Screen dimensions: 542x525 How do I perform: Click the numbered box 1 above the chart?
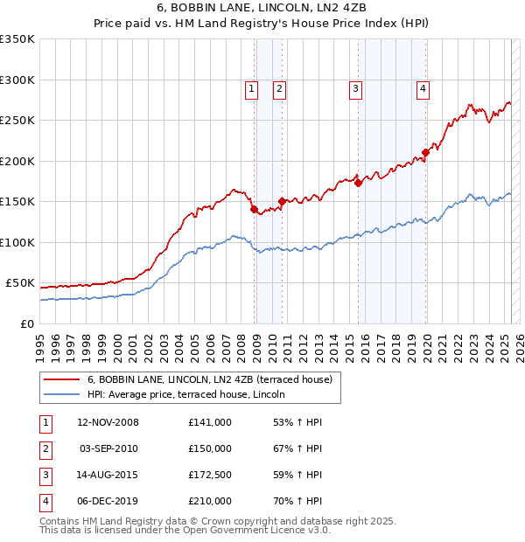tap(251, 87)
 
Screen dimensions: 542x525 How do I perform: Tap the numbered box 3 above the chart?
tap(356, 87)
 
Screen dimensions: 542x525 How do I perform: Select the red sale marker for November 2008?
tap(254, 210)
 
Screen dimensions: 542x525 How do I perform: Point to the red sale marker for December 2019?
tap(425, 152)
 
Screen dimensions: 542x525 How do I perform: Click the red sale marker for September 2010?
tap(282, 201)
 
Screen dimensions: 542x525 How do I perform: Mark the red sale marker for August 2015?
tap(359, 183)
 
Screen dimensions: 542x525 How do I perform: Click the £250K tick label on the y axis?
tap(17, 121)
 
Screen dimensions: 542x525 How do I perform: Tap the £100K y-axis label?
tap(17, 242)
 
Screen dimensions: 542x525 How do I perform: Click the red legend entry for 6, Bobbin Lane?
tap(210, 380)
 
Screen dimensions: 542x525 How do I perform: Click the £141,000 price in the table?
tap(210, 422)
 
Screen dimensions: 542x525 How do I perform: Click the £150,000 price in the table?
tap(210, 448)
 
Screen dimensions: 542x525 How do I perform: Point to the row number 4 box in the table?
tap(45, 501)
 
